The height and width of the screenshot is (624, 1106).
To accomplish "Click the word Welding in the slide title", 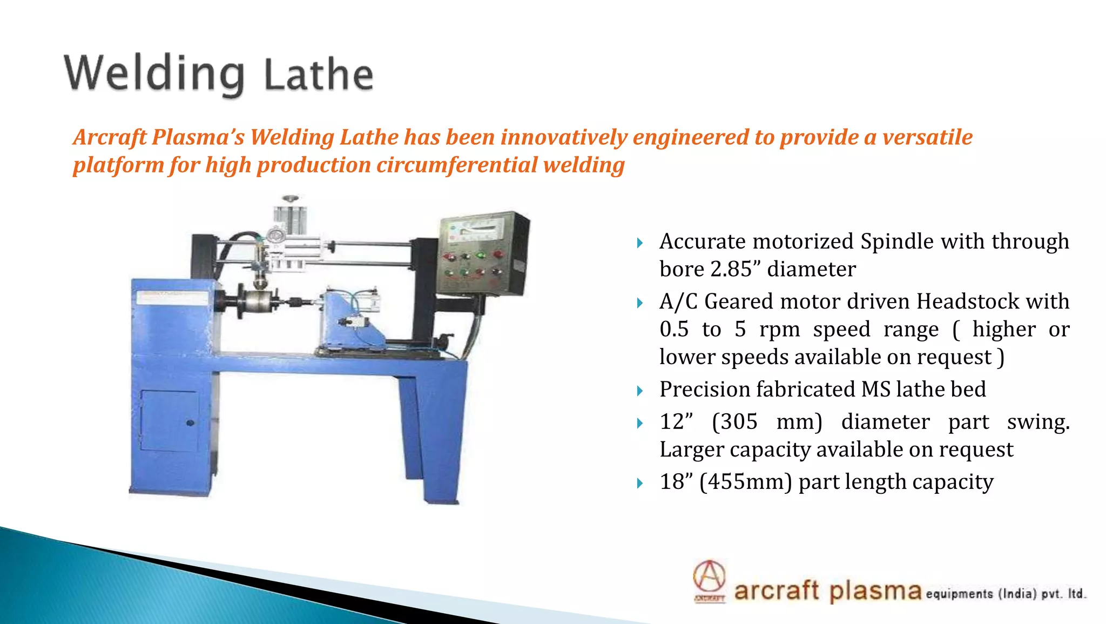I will (154, 75).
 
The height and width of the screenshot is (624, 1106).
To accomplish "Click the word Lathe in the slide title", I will (318, 75).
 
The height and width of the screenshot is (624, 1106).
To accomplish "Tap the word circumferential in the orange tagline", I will (457, 165).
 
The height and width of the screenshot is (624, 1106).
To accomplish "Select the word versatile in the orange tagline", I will (927, 137).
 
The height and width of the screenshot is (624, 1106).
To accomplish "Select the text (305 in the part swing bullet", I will (734, 422).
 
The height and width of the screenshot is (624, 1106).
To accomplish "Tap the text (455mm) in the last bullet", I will (745, 482).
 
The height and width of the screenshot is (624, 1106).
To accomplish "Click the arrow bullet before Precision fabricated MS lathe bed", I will (640, 391).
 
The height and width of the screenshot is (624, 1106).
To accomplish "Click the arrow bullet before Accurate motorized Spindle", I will (640, 243).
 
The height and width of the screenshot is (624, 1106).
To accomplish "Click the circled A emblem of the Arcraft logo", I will (709, 577).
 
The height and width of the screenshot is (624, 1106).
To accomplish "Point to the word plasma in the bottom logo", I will (875, 591).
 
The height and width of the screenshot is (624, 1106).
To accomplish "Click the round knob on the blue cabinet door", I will (190, 423).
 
